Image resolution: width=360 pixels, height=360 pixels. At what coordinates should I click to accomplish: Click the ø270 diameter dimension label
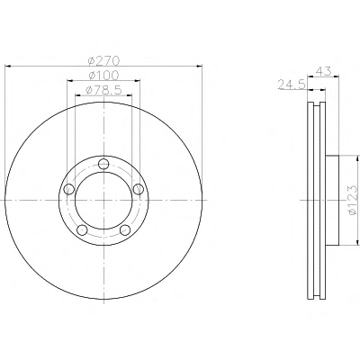103,60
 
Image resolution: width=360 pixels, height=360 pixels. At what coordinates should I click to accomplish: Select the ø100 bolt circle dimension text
103,76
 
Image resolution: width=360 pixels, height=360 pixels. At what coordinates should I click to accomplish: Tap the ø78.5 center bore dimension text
103,90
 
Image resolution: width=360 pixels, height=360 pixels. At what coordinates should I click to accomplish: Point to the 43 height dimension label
324,71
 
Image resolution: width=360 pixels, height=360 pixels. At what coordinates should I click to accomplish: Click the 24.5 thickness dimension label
292,85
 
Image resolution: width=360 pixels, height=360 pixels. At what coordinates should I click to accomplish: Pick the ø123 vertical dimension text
353,200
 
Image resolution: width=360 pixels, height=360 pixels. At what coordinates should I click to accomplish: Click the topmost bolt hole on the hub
103,164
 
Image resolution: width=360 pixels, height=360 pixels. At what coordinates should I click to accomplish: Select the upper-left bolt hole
69,189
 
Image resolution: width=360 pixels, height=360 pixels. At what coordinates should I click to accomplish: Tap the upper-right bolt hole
139,189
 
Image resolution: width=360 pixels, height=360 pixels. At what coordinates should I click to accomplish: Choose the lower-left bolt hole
82,229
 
